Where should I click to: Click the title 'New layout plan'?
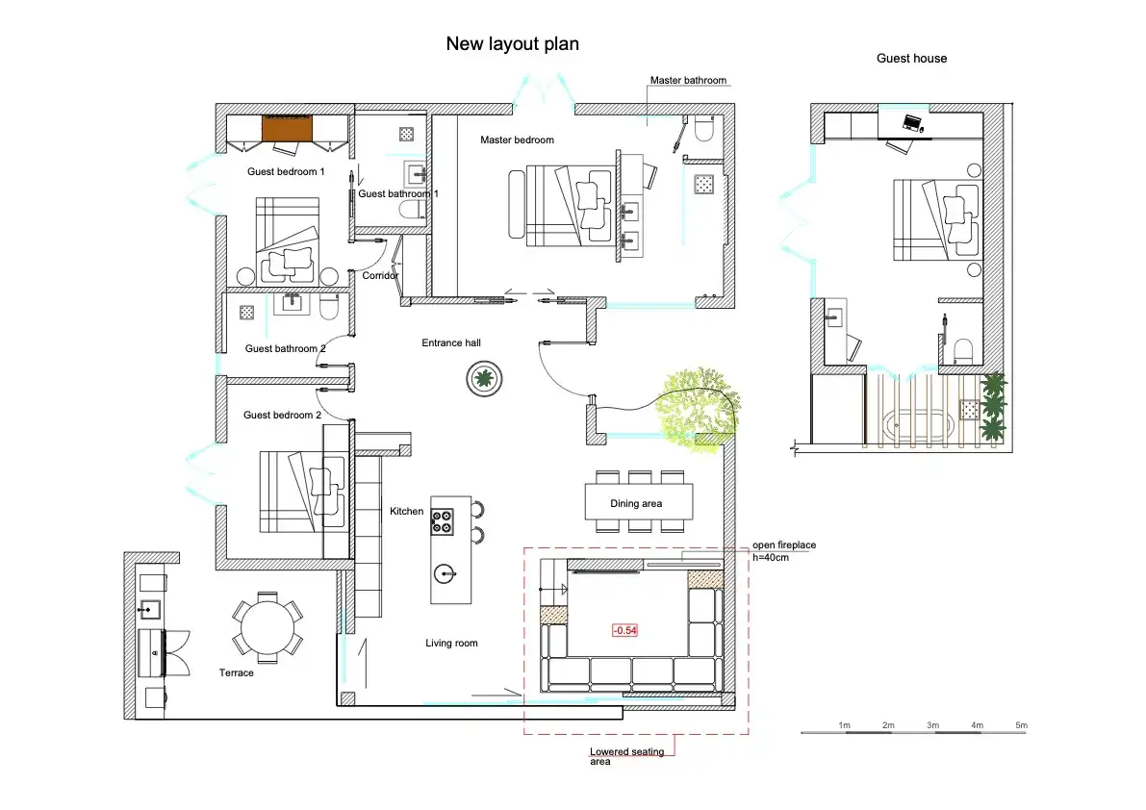pos(512,44)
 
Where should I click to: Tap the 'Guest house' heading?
pos(911,59)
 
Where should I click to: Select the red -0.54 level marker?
pos(624,630)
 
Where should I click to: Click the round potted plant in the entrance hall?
pos(484,378)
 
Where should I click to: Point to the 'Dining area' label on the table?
pos(636,503)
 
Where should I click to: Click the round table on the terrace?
pos(267,627)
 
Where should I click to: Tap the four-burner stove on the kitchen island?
pos(443,522)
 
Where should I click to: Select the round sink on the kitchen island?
pos(445,575)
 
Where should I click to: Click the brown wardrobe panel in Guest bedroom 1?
pos(288,128)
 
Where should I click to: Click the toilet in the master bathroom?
pos(703,128)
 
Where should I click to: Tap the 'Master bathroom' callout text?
pos(689,81)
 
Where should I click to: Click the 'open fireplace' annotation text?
pos(784,544)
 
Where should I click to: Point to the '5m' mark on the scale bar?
pos(1021,725)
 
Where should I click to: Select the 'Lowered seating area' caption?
pos(626,756)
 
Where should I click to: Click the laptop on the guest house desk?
pos(913,123)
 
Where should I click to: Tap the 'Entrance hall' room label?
pos(451,342)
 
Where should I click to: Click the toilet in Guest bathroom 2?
pos(330,307)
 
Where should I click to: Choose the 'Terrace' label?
pos(236,672)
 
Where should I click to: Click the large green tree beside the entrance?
pos(697,409)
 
